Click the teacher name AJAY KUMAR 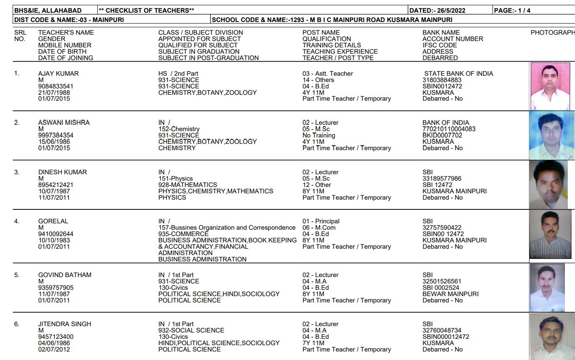(58, 74)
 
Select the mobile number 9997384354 (55, 135)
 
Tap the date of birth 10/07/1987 (54, 191)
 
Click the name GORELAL (53, 221)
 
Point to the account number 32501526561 (442, 281)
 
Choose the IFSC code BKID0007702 (442, 135)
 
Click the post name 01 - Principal (321, 221)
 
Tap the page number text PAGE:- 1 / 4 (512, 11)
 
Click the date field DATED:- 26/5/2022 (438, 11)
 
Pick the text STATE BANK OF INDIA (459, 74)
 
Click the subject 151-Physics (175, 179)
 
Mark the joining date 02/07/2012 (54, 349)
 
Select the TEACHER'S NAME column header (66, 33)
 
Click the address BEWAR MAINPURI (451, 294)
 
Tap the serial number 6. (17, 324)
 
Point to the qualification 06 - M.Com (319, 228)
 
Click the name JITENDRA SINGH (65, 324)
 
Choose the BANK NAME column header (441, 33)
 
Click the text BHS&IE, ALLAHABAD (48, 11)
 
